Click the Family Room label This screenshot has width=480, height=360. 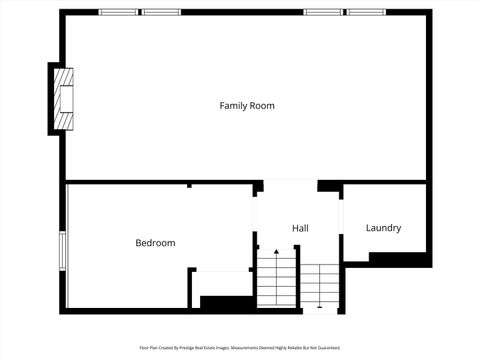coord(247,105)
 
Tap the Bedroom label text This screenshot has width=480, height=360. coord(155,243)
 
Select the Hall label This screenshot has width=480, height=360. coord(300,229)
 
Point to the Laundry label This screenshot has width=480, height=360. coord(383,228)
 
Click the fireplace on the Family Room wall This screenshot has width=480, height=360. coord(64,99)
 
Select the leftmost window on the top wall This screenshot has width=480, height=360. coord(118,12)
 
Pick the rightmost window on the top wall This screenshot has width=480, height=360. coord(366,12)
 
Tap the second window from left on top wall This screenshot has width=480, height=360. coord(161,12)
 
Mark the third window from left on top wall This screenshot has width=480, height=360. coord(323,12)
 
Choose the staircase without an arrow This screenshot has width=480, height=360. coord(321,286)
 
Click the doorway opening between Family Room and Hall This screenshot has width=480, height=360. coord(290,185)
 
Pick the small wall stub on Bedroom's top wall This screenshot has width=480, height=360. coord(188,185)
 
